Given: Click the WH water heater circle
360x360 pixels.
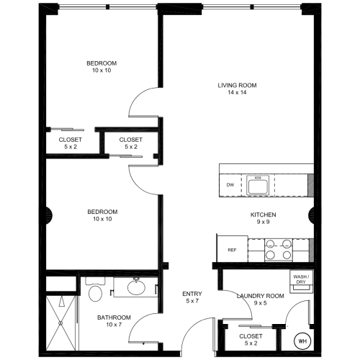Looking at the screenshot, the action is (x=302, y=341).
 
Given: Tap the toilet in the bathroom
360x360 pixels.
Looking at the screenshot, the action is (x=95, y=289).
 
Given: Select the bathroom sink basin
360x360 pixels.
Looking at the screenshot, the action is (x=136, y=287).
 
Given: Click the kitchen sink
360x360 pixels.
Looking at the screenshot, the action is (x=258, y=185).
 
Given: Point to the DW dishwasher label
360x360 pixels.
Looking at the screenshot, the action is (x=230, y=185).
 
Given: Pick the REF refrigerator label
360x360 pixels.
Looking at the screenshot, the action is (x=232, y=250).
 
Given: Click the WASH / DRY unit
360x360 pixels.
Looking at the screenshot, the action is (x=301, y=282).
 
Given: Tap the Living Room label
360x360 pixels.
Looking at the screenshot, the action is (x=237, y=85).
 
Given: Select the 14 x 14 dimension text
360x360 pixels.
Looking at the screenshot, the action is (x=237, y=92).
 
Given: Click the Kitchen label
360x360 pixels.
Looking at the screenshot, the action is (x=264, y=215).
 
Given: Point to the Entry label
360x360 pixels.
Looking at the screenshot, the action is (x=192, y=294).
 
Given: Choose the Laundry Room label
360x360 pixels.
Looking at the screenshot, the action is (x=261, y=296).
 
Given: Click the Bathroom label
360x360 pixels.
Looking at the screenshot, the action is (x=114, y=318).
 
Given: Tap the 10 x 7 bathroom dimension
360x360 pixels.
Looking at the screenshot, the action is (x=114, y=325).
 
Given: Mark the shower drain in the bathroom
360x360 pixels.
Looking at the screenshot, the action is (x=60, y=323).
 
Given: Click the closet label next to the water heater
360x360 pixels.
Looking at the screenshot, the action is (x=251, y=336).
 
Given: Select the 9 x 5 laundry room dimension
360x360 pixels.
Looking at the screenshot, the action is (x=261, y=303).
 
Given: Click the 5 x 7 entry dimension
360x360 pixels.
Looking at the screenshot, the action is (x=192, y=301).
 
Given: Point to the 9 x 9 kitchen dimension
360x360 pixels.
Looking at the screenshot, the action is (x=264, y=222).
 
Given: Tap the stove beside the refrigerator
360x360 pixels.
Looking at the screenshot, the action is (x=279, y=250).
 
